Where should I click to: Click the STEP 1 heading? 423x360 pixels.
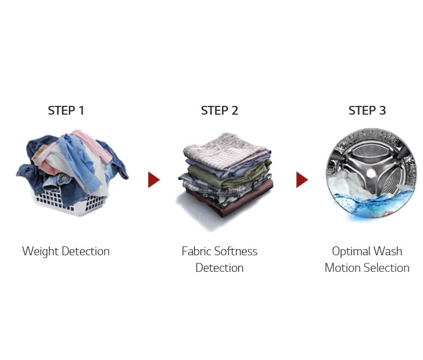coord(66,110)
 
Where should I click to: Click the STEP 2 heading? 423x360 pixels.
coord(219,110)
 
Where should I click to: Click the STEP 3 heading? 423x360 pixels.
coord(367,110)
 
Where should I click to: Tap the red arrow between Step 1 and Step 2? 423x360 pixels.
coord(154,180)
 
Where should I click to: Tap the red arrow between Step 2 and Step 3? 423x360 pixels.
coord(302,180)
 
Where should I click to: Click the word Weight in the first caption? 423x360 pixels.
coord(40,251)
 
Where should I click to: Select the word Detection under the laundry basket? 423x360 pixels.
coord(85,251)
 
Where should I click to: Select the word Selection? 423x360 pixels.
coord(387,268)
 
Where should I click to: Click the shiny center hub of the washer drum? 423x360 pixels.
coord(371,173)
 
